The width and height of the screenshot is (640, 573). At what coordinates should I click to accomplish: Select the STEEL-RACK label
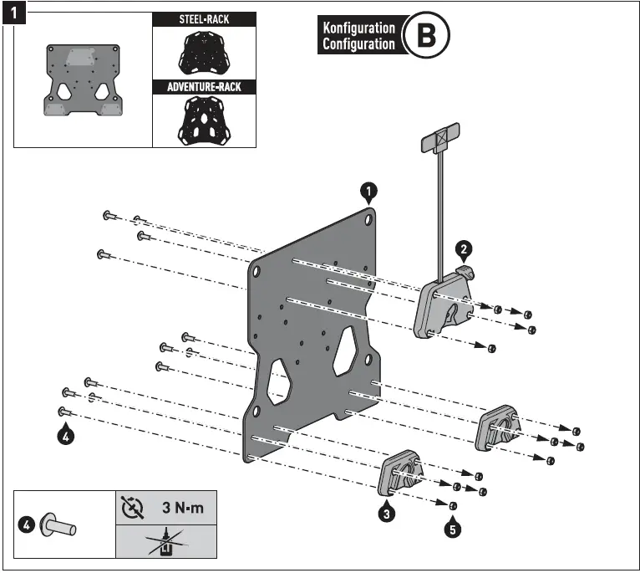click(205, 18)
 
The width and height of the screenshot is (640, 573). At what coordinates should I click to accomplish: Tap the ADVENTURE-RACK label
click(205, 86)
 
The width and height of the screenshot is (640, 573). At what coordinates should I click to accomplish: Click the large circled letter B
click(426, 35)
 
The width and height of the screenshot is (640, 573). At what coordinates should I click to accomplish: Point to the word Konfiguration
click(358, 28)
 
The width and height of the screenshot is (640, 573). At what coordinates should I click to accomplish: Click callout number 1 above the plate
click(368, 192)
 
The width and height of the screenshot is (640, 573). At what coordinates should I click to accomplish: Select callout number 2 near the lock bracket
click(463, 249)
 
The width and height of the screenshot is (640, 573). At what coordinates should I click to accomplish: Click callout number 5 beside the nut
click(452, 529)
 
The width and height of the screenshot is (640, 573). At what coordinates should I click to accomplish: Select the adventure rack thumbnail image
click(205, 120)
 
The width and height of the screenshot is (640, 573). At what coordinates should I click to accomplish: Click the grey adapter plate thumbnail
click(82, 80)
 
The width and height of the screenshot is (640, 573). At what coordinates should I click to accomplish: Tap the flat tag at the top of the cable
click(439, 138)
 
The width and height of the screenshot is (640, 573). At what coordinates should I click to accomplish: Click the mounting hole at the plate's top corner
click(368, 219)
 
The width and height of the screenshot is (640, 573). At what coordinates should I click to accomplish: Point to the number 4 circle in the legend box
click(27, 525)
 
